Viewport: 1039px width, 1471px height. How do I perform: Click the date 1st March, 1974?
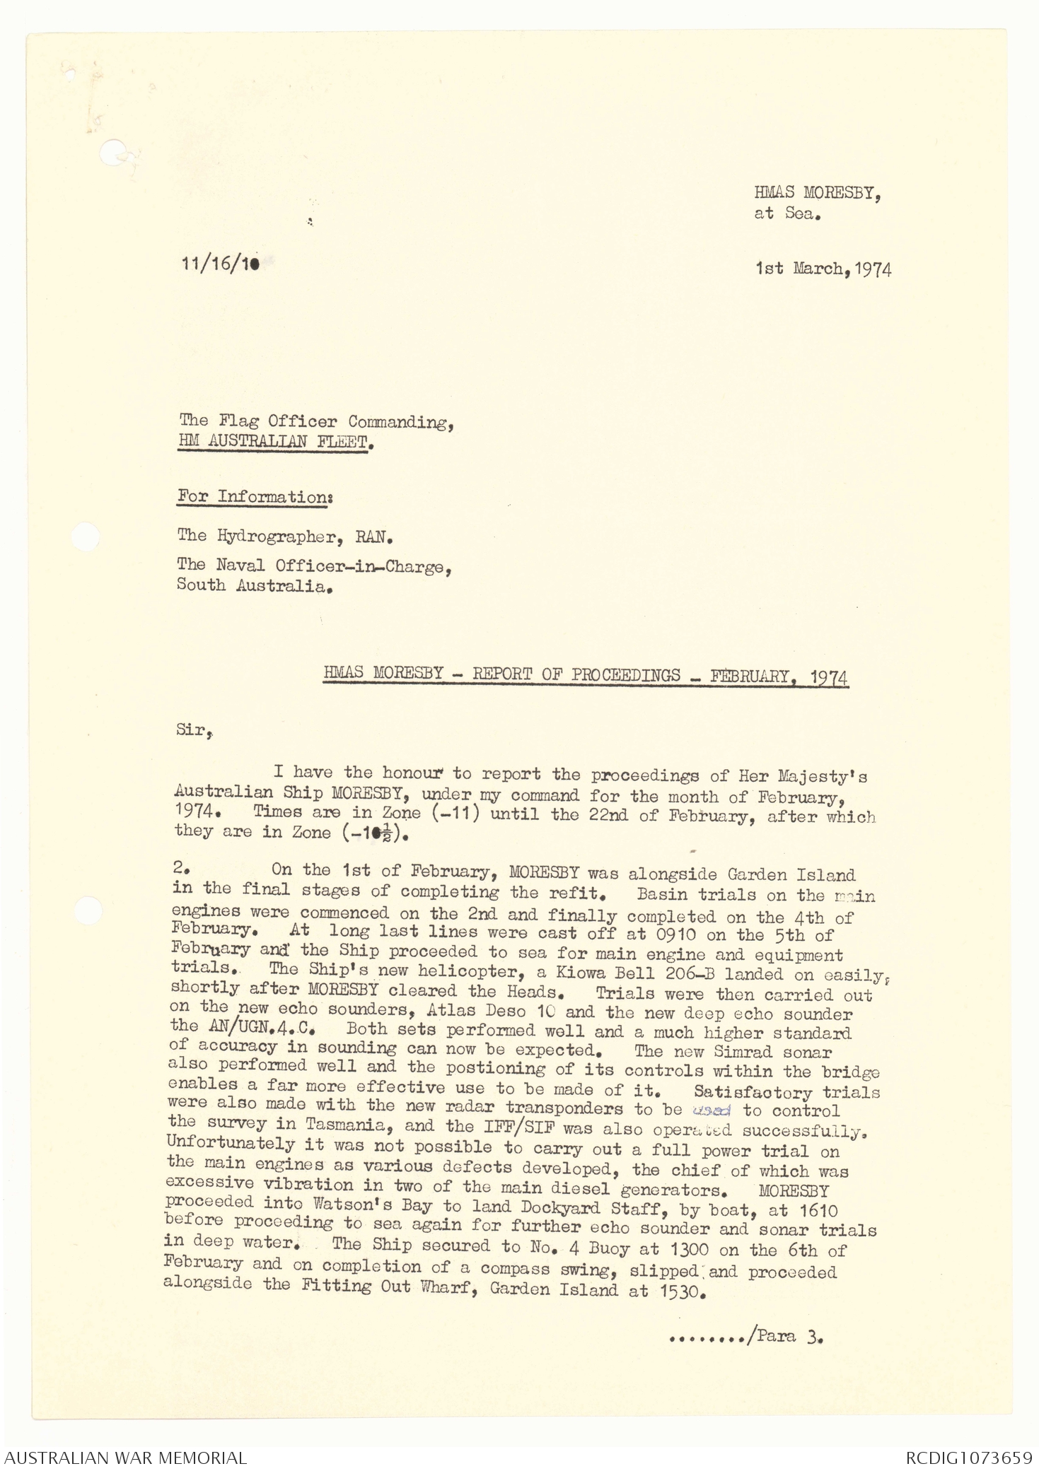[823, 269]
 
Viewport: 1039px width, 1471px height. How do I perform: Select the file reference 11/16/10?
[220, 264]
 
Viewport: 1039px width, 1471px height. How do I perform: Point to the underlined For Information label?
[255, 497]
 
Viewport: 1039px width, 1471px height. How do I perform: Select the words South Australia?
[253, 586]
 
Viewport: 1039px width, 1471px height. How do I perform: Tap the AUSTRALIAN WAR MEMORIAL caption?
[126, 1458]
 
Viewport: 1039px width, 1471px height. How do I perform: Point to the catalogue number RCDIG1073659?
[968, 1458]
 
